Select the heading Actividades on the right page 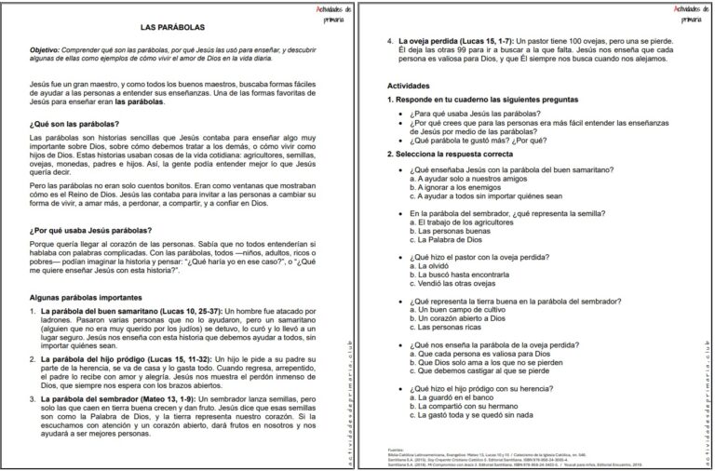409,86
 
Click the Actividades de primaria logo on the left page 331,12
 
